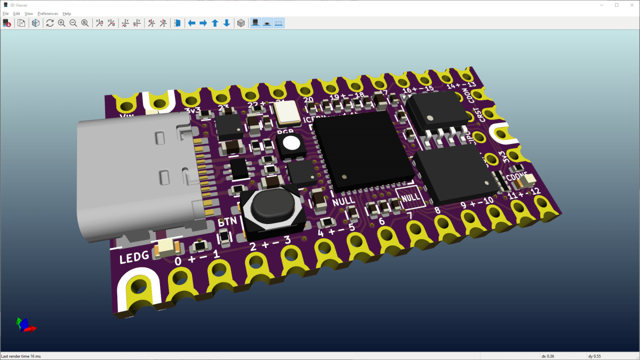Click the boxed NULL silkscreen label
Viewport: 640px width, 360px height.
point(410,197)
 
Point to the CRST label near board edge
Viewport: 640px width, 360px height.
point(483,115)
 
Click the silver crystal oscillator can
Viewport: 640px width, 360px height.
point(288,111)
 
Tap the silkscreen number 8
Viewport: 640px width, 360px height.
point(437,210)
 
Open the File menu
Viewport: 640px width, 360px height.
point(6,13)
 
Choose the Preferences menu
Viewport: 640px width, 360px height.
point(47,13)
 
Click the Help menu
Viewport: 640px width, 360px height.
point(67,13)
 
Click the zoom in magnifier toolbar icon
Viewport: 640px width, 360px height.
point(61,23)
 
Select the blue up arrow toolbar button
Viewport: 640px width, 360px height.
point(215,23)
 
